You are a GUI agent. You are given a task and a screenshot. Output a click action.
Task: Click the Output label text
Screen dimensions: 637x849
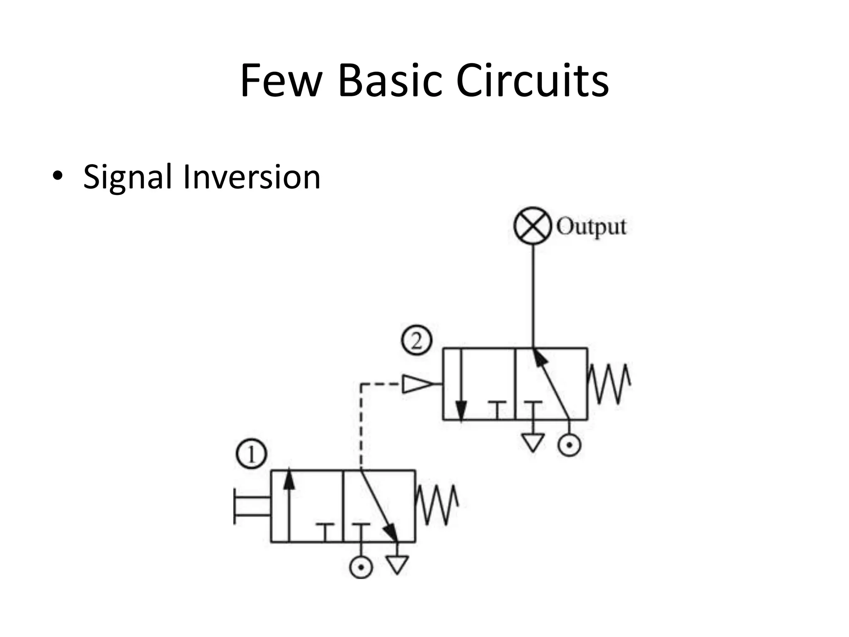591,227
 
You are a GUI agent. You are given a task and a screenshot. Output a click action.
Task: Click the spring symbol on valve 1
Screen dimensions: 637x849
437,505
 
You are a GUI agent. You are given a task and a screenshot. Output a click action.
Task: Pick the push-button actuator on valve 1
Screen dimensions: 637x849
251,506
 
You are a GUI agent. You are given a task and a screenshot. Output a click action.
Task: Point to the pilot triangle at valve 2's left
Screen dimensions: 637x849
417,384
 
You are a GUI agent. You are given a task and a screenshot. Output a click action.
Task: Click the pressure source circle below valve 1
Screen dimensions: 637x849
361,567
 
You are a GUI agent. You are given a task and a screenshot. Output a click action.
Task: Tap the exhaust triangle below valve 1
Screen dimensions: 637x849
397,564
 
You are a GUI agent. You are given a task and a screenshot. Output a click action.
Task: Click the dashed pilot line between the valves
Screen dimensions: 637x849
361,427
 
